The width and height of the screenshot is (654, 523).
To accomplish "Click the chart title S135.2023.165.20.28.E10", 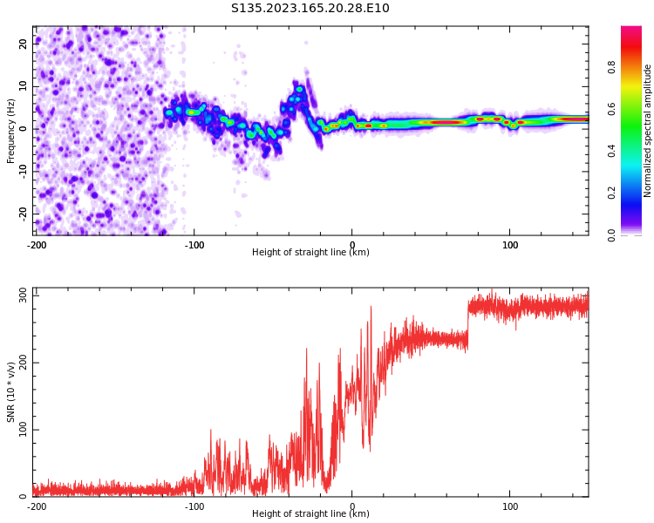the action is tap(310, 8).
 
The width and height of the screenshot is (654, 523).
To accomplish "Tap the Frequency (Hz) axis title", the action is tap(10, 131).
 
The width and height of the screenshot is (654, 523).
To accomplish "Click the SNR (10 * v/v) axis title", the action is tap(10, 391).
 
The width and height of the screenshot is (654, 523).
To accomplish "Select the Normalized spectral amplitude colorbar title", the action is tap(647, 131).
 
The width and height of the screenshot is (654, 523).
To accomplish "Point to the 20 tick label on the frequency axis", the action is tap(24, 44).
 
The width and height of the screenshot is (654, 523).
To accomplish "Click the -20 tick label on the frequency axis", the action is tap(24, 214).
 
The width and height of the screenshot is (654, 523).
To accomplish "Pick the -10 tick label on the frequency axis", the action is tap(24, 172).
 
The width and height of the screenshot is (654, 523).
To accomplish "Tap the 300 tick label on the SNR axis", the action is tap(24, 295).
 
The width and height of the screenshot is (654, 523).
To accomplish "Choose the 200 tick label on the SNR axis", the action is tap(24, 363).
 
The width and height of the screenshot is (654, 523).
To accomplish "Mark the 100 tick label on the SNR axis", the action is tap(24, 430).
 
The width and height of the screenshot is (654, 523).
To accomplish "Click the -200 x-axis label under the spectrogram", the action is tap(37, 245).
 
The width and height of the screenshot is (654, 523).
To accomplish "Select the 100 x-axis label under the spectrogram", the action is tap(510, 245).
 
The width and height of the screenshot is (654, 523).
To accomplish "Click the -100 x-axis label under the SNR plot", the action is tap(194, 506).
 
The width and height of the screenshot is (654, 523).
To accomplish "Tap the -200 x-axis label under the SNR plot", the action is tap(37, 506).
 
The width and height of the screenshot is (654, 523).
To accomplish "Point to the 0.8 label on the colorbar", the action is tap(611, 67).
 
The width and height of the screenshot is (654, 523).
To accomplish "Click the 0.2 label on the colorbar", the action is tap(611, 193).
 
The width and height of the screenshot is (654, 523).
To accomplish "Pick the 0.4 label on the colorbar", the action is tap(611, 151).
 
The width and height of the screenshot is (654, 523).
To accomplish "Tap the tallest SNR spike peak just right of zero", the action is tap(371, 307).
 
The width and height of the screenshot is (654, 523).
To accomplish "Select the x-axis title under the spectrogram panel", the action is tap(310, 252).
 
